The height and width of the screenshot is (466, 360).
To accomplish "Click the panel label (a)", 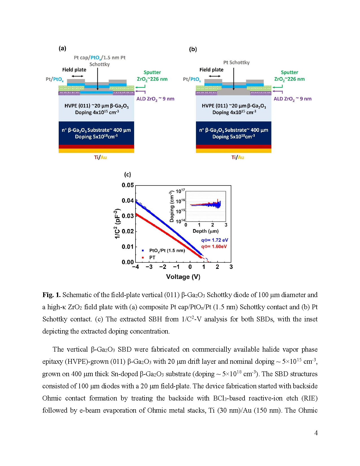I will point(62,48).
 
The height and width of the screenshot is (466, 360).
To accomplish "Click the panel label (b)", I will point(193,49).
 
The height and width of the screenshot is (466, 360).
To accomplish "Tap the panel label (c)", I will point(128,175).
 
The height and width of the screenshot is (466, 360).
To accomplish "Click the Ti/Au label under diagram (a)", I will point(100,157).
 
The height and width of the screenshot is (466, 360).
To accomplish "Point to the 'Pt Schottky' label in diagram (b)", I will point(236,62).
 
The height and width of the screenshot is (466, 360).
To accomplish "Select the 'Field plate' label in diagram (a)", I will point(74,70).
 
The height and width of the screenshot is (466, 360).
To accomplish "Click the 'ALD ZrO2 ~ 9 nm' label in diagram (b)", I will point(293,99).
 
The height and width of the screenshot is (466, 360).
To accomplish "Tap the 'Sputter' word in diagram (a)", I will point(152,72).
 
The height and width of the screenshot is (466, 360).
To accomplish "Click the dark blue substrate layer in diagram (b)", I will point(234,133).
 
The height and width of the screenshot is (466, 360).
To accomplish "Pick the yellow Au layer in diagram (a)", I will point(96,151).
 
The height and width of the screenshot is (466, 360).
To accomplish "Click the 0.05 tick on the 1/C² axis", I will point(128,185).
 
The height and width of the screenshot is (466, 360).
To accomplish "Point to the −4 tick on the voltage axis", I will point(136,267).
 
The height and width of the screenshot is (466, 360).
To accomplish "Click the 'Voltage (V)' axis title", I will point(183,277).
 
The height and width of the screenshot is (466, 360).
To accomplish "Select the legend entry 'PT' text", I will point(152,258).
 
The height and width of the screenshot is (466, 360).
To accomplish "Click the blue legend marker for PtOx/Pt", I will point(143,251).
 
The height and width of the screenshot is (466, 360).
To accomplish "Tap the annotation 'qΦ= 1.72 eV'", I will point(214,240).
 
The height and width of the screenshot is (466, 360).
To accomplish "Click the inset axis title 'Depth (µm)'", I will point(206,231).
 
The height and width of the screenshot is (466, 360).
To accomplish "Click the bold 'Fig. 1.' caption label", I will point(51,295).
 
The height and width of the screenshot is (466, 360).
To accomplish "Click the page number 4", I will point(316,433).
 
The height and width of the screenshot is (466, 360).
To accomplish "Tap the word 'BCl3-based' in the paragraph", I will point(229,398).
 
